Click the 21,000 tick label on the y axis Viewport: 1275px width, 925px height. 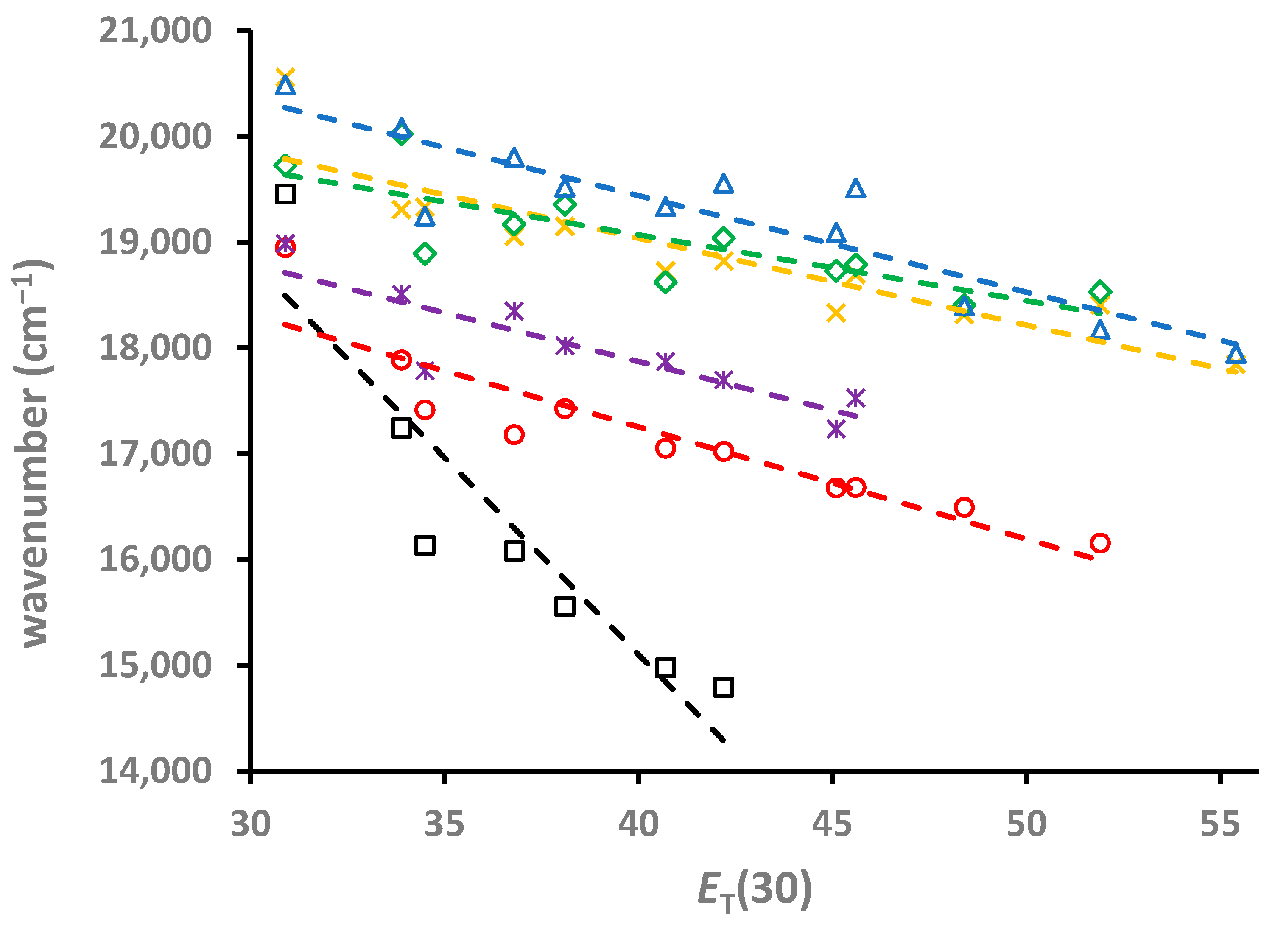[x=155, y=31]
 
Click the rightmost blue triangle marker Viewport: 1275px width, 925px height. [x=1236, y=354]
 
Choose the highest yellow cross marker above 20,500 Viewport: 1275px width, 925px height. [x=285, y=75]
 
